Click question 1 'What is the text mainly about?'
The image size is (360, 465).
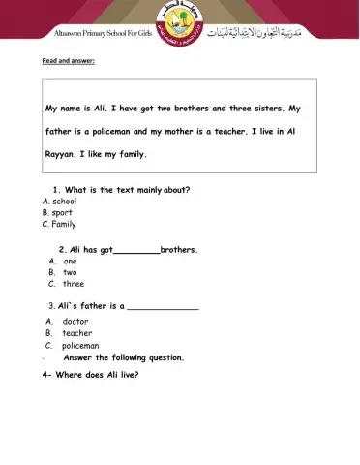tap(121, 189)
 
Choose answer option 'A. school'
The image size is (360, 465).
tap(59, 201)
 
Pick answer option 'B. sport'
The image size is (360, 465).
tap(57, 212)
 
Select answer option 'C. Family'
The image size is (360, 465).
tap(59, 224)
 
